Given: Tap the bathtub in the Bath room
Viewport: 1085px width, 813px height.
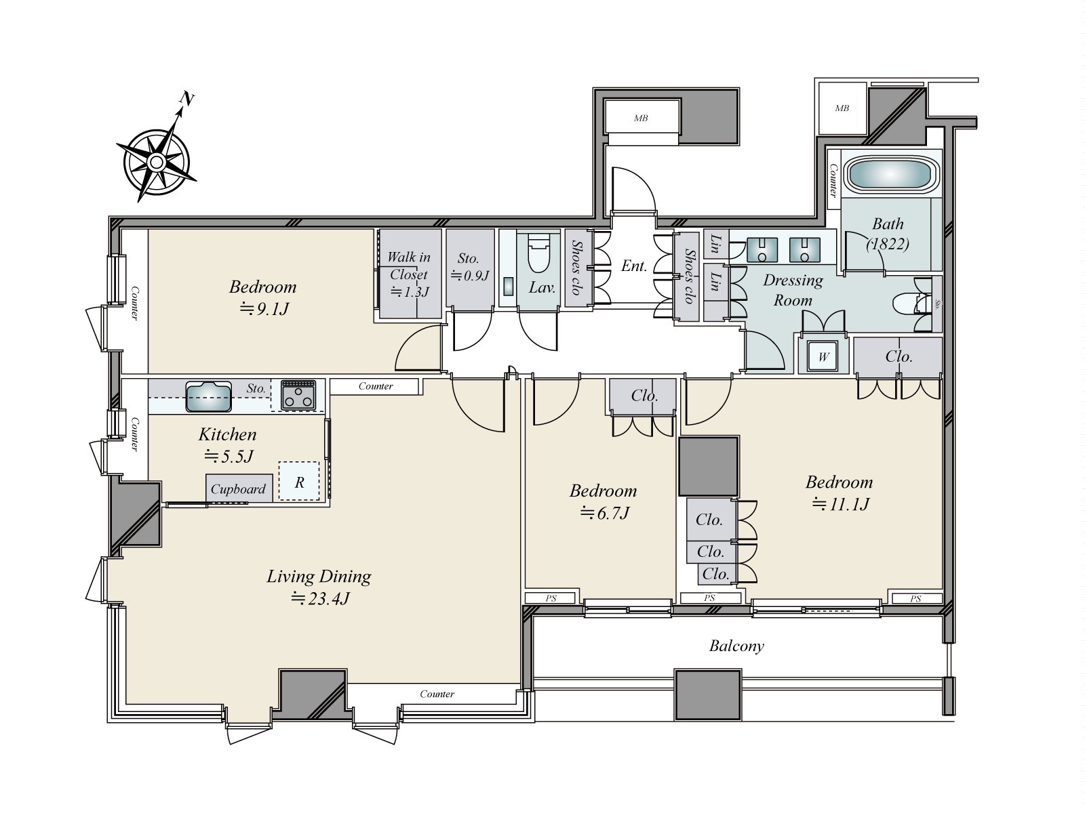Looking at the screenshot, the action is point(889,175).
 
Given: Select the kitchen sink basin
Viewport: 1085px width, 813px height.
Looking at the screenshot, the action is point(208,396).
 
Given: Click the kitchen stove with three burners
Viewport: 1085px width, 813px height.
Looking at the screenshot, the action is point(298,396).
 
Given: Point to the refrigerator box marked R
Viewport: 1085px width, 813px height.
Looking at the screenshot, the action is point(299,481).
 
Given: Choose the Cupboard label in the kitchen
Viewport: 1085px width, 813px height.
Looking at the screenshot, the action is point(238,489).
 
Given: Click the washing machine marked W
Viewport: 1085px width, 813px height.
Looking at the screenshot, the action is point(823,356).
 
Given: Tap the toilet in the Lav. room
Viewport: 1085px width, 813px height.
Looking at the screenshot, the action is point(538,252).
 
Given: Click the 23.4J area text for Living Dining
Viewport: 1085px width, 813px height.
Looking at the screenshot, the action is point(320,599).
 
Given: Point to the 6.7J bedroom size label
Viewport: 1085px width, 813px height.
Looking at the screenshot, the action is point(604,514).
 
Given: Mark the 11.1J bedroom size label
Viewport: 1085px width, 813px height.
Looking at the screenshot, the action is point(840,504).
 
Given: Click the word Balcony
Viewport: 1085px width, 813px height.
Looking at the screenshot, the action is point(736,646).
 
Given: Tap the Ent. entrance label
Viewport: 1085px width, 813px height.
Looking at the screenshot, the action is point(633,266).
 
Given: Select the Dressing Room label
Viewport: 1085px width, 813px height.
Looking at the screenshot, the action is point(793,290).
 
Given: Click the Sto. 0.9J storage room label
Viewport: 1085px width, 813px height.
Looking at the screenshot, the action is point(469,266).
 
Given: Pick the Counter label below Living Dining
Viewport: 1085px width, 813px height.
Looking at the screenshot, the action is point(437,694).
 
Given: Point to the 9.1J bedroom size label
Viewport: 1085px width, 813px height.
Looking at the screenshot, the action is point(264,309).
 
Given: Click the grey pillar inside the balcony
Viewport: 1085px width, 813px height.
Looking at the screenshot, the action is point(708,694).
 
